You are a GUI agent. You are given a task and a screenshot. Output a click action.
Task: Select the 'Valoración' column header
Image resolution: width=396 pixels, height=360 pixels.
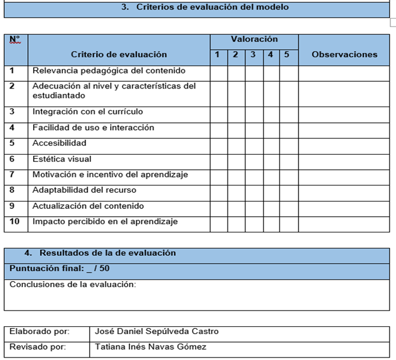pos(254,39)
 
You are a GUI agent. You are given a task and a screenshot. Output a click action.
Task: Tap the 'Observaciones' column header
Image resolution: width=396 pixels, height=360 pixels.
pos(344,55)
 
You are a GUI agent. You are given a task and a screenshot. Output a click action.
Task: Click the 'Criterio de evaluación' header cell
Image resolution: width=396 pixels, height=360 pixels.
pos(119,55)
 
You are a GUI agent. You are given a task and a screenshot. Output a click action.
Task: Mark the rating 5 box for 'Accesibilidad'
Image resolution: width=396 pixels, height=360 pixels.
pos(289,144)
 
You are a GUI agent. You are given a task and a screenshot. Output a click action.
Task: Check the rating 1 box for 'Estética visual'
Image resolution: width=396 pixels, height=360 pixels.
pos(218,160)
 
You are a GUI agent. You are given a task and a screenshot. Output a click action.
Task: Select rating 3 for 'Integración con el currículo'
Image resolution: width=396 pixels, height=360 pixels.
pos(254,112)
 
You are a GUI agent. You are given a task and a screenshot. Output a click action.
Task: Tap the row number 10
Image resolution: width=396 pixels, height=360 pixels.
pos(15,222)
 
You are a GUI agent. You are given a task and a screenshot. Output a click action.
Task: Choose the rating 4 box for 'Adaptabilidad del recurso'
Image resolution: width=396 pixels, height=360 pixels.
pos(271,191)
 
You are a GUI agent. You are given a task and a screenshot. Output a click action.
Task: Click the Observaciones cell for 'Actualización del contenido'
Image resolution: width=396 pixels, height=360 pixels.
pos(344,206)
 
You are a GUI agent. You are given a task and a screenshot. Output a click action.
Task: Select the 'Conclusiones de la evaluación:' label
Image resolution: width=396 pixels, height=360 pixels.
pos(73,285)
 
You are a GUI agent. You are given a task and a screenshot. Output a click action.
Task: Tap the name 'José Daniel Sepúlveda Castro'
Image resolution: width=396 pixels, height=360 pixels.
pos(157,332)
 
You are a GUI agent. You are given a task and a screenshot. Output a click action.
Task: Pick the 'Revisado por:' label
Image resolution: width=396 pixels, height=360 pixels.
pos(38,347)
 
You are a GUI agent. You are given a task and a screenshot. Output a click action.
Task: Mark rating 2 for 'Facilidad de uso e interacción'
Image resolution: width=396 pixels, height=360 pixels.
pos(236,128)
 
